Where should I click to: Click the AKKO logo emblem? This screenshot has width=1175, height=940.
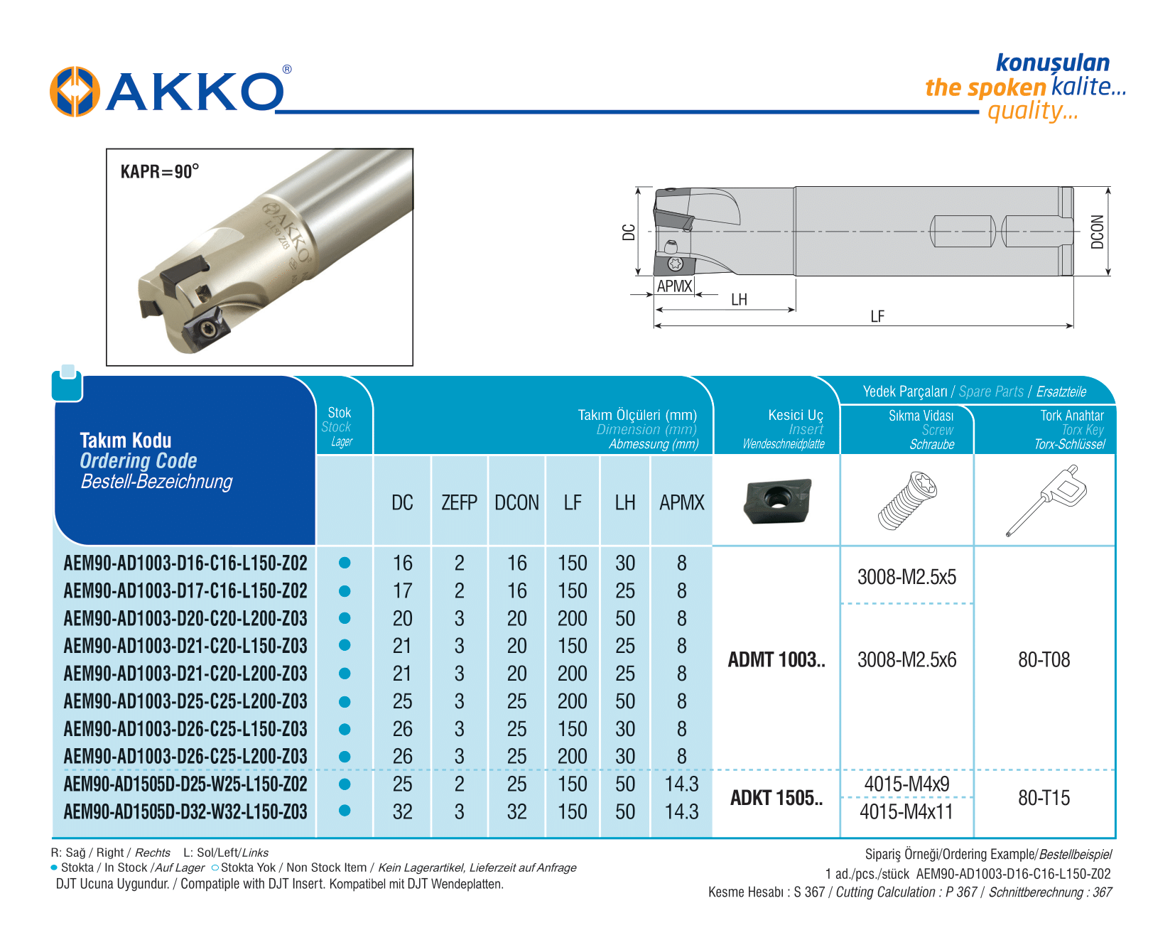point(74,92)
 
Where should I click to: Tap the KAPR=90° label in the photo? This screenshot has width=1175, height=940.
point(159,172)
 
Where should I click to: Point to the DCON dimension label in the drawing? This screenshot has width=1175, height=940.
point(1097,232)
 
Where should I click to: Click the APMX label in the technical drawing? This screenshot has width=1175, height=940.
point(674,286)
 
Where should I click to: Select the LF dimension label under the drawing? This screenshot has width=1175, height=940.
point(877,316)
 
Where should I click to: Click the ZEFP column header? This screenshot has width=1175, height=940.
point(459,503)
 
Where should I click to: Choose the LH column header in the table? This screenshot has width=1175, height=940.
point(625,503)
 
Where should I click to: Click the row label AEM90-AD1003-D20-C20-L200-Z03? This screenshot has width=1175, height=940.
point(185,618)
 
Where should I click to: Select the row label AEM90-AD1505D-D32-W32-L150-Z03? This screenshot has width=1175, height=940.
point(185,811)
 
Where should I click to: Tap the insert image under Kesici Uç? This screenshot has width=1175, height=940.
point(777,500)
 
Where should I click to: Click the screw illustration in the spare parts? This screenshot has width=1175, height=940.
point(907,501)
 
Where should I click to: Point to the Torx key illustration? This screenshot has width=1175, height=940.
point(1043,500)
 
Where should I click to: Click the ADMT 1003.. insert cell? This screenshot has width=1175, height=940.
point(776,660)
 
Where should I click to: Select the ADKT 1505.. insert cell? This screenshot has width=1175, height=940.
point(776,798)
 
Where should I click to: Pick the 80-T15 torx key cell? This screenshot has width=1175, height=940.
point(1044,798)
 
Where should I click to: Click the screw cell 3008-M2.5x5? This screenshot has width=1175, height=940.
point(906,577)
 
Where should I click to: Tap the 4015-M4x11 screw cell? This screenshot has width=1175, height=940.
point(906,811)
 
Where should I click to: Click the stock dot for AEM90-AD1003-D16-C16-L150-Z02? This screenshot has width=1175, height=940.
point(345,563)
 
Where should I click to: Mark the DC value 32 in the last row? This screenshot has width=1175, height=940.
point(402,811)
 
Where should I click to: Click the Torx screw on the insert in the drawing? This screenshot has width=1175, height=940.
point(676,264)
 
